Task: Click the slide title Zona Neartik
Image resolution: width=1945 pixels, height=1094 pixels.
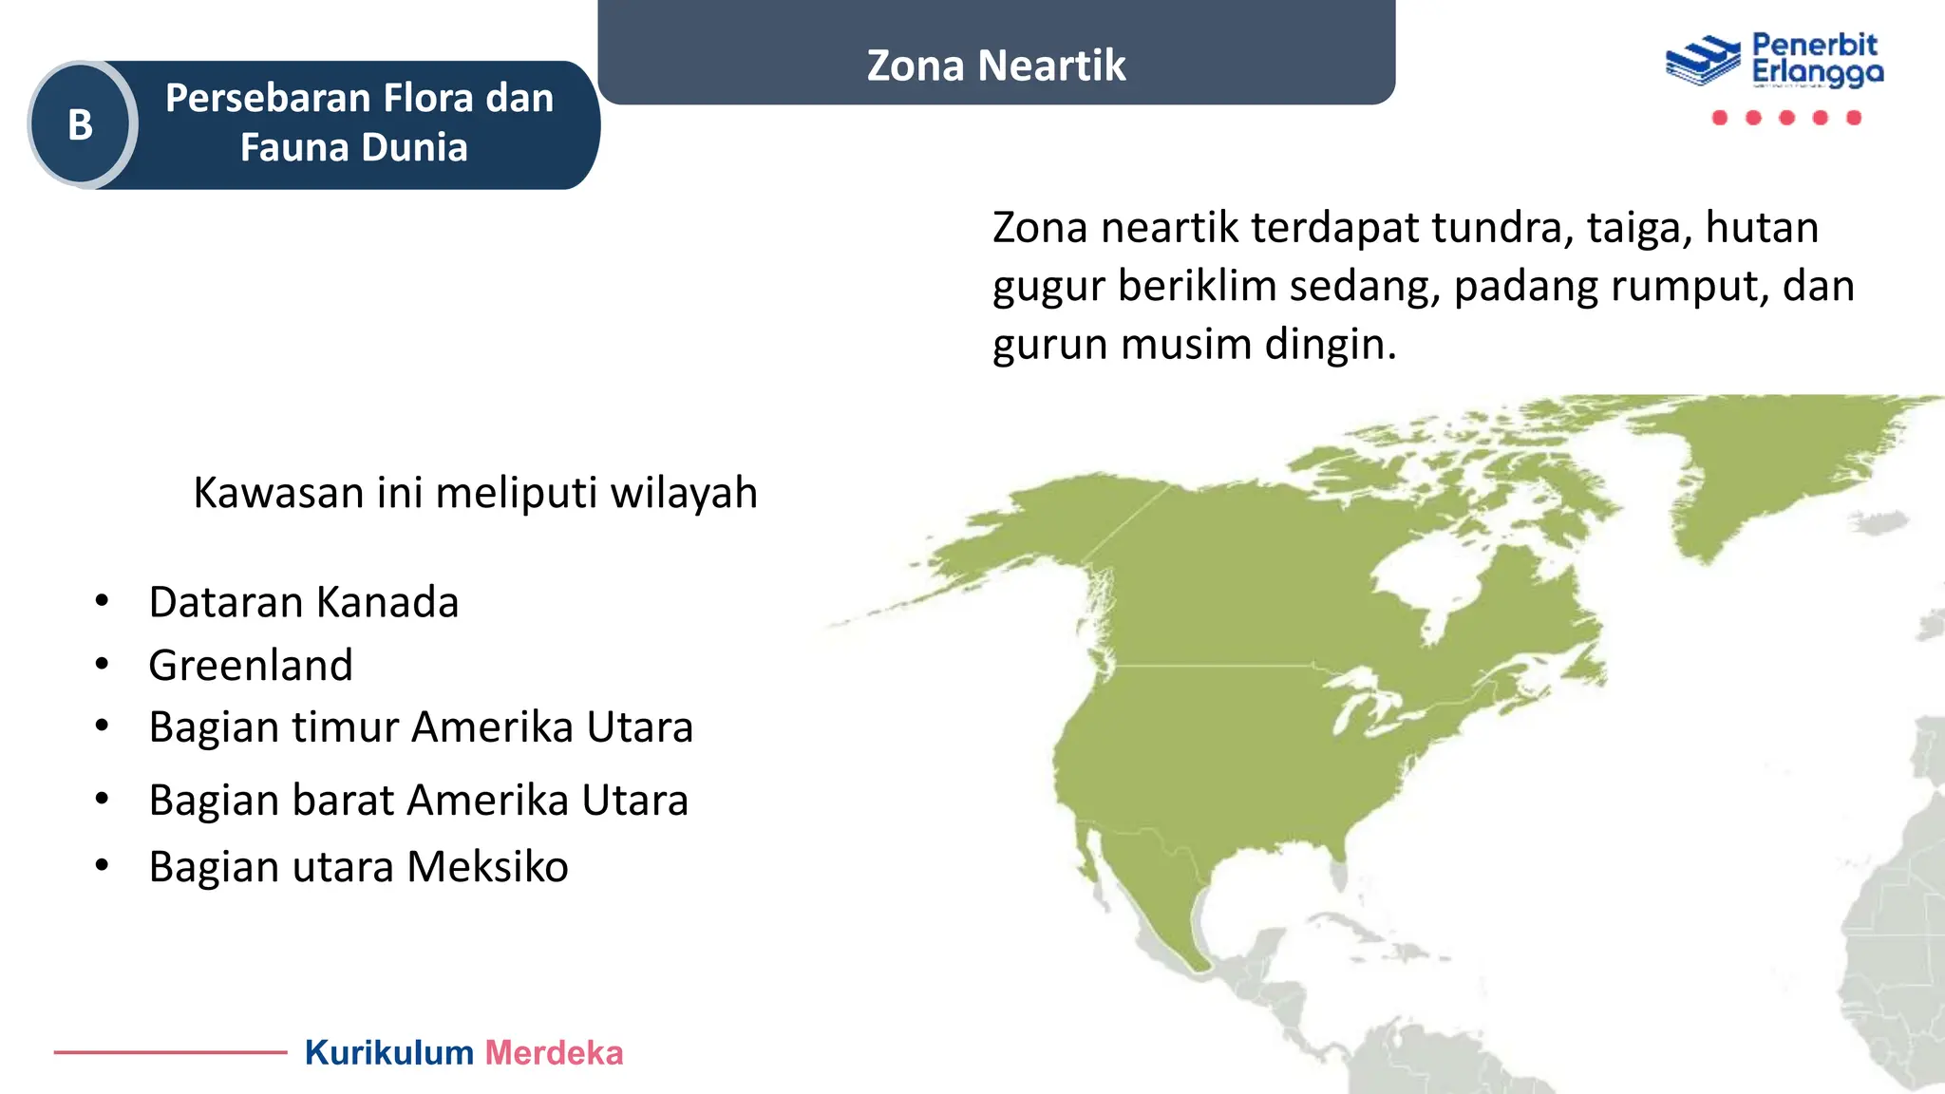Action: tap(995, 66)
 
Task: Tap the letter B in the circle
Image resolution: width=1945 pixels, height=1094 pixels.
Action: tap(81, 125)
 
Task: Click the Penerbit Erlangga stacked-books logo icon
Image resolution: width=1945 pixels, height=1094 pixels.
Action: tap(1703, 61)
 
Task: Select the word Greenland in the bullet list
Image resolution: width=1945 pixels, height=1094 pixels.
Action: tap(251, 665)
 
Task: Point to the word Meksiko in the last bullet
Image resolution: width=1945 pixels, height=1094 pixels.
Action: tap(487, 867)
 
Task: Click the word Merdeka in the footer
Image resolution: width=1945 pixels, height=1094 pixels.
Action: tap(554, 1053)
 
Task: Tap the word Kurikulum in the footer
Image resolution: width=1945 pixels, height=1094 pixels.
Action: tap(388, 1053)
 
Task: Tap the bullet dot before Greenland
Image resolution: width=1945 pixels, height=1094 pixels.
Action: tap(102, 665)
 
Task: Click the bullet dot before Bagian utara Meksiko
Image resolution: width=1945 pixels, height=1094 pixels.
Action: tap(102, 866)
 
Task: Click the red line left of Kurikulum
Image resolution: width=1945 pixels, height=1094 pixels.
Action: tap(170, 1052)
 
